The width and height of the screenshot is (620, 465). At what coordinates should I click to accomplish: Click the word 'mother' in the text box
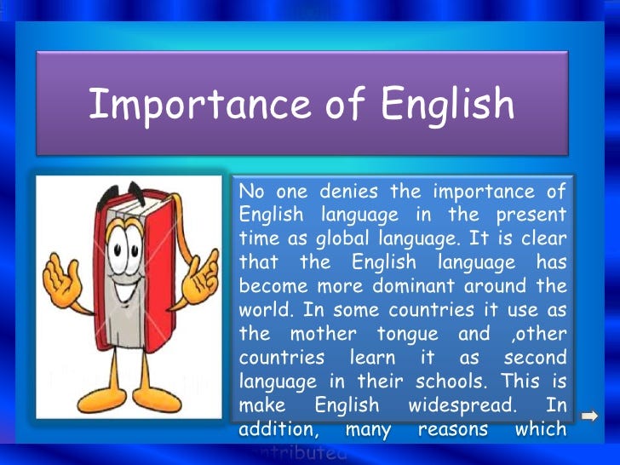coord(324,333)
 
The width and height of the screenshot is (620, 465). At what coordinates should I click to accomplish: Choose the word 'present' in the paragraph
coord(533,215)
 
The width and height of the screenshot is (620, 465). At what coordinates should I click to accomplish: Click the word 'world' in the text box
coord(262,309)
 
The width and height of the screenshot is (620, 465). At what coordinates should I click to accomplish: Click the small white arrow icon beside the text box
coord(589,416)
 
